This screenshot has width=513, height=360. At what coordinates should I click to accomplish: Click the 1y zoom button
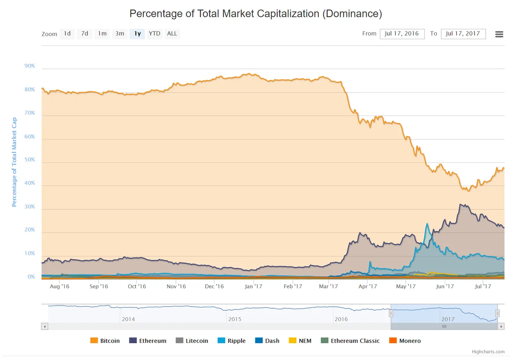click(x=137, y=34)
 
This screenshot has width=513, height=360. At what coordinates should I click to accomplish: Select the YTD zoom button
click(x=155, y=34)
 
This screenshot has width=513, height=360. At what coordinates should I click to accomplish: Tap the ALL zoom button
click(x=172, y=34)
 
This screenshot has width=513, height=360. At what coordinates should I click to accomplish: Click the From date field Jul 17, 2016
click(x=402, y=34)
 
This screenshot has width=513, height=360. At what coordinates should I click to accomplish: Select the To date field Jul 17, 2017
click(x=463, y=34)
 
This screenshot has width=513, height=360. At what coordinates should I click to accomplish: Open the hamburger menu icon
click(x=499, y=34)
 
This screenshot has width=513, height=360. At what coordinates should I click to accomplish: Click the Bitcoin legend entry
click(x=105, y=341)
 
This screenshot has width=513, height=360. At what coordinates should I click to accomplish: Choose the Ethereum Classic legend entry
click(x=350, y=341)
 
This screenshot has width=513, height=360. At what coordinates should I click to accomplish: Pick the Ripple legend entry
click(x=232, y=341)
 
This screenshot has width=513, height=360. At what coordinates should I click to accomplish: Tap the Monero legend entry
click(x=405, y=341)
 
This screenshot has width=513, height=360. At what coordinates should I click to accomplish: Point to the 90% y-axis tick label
click(x=30, y=66)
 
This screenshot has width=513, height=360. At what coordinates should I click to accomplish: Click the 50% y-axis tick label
click(x=30, y=159)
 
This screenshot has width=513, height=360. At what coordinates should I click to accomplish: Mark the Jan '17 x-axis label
click(x=253, y=286)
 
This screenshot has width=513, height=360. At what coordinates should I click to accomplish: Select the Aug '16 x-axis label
click(x=59, y=286)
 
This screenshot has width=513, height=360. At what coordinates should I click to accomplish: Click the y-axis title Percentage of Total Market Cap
click(x=14, y=162)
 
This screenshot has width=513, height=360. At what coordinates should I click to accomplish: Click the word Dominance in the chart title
click(x=352, y=14)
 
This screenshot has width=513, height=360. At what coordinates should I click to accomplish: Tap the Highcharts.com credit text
click(x=488, y=352)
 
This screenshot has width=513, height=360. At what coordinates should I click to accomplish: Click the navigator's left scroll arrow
click(x=44, y=326)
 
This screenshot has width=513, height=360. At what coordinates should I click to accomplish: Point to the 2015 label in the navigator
click(x=235, y=319)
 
